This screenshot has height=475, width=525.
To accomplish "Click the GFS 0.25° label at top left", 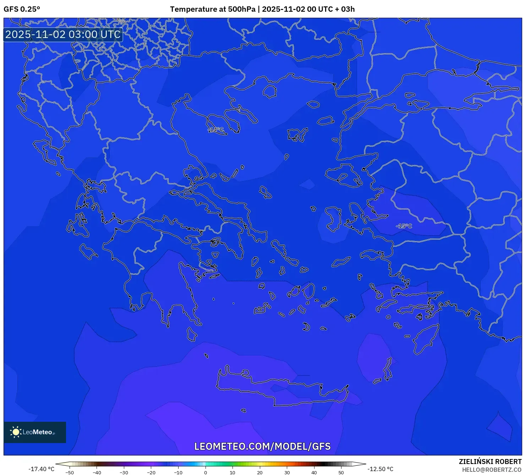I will point(22,9).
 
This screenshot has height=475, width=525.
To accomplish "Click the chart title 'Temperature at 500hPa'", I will point(212,9).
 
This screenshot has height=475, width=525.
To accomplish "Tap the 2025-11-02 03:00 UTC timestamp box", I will point(63,34).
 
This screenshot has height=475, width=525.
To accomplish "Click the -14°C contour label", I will point(216,130).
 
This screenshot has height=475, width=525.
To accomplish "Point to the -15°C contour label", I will point(404,226).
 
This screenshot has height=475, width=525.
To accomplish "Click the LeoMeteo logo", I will point(35,432).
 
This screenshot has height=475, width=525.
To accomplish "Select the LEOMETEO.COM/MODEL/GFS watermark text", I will point(262,446).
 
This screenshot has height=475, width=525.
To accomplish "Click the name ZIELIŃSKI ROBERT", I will point(490,462).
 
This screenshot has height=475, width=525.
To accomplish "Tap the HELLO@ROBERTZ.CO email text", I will point(492,470).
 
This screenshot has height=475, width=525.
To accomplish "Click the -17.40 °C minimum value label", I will point(42,469).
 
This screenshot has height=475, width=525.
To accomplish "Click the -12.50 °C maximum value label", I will point(380,469).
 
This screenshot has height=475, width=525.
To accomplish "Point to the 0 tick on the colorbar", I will point(206,473).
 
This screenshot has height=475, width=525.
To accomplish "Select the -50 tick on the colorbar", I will point(70,473).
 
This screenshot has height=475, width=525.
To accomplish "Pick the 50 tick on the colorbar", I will point(341,473).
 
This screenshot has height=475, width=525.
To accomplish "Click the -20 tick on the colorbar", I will point(151,473).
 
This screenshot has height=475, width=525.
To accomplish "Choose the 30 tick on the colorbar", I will point(287,473).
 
